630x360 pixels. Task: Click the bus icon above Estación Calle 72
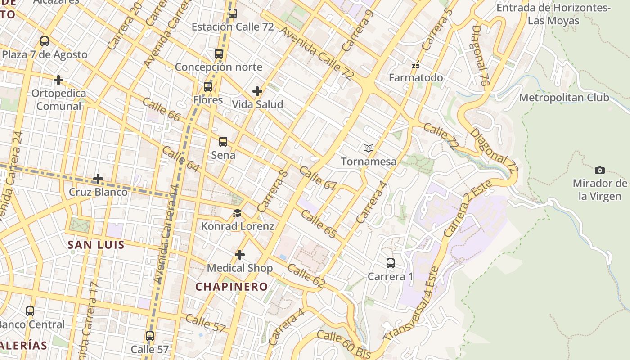(x=232, y=13)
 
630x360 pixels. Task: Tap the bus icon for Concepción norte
(x=219, y=54)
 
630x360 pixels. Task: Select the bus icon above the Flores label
(x=208, y=87)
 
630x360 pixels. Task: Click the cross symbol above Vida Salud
(x=257, y=91)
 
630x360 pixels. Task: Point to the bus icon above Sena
(x=223, y=142)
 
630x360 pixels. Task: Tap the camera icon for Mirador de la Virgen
(x=599, y=170)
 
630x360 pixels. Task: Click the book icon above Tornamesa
(x=369, y=148)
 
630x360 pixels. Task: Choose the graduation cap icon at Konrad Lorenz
(x=237, y=213)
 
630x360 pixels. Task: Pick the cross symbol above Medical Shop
(x=240, y=255)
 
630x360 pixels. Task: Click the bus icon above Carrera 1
(x=391, y=263)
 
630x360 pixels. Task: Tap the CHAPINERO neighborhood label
(x=231, y=287)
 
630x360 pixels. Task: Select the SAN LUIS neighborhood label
(x=96, y=245)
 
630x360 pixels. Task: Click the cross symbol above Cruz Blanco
(x=98, y=179)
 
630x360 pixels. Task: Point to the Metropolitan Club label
(x=564, y=98)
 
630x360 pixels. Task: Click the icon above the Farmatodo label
(x=416, y=65)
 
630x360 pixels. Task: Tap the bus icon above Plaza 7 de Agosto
(x=45, y=41)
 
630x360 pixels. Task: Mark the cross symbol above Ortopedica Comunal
(x=58, y=80)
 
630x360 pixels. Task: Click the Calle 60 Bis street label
(x=343, y=344)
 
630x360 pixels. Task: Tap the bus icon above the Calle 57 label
(x=150, y=336)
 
